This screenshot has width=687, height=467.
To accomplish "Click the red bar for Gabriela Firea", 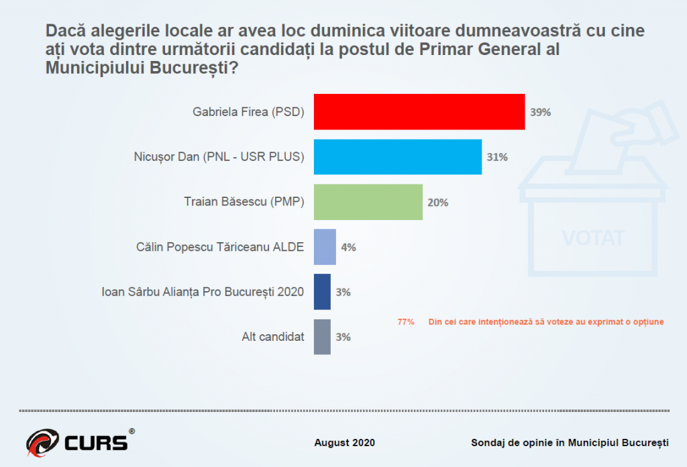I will [419, 111].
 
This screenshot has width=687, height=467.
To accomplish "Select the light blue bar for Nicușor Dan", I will [398, 157].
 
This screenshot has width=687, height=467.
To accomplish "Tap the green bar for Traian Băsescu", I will [368, 202].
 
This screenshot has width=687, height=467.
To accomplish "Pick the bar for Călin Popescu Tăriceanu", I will [325, 247].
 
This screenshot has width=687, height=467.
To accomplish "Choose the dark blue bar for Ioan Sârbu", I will [322, 292].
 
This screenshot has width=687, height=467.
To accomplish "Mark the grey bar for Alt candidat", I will [322, 337].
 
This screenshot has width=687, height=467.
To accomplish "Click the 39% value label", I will [540, 112].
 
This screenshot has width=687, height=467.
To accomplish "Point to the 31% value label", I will [497, 157].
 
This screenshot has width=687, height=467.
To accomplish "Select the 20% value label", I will [437, 202].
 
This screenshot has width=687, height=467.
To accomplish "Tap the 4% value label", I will [348, 247].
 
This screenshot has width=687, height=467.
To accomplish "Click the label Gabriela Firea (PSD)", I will [248, 112].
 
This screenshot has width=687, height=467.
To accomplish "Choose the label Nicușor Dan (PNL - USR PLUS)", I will [219, 157].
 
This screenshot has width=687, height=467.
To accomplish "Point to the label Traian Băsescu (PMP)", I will [244, 202].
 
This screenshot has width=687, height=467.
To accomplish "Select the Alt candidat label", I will [273, 337].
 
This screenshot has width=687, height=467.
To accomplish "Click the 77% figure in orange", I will [406, 322].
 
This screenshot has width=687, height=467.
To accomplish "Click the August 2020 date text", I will [345, 443].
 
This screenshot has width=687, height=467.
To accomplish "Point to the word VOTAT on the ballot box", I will [593, 238].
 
